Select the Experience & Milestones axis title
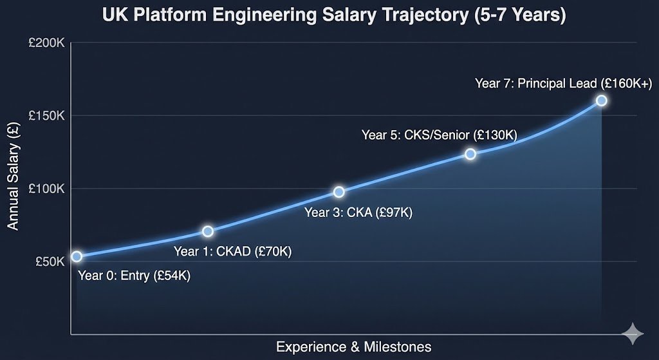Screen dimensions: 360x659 [x=353, y=346]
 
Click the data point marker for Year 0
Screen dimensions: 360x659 [x=77, y=256]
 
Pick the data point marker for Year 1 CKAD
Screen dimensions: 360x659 [x=208, y=231]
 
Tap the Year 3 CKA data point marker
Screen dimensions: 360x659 [x=339, y=192]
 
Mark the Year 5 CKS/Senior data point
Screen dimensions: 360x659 [x=470, y=154]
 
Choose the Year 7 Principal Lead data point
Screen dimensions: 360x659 [x=602, y=100]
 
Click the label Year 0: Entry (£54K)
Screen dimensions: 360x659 [x=134, y=276]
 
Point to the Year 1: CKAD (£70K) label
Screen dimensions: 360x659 [x=233, y=251]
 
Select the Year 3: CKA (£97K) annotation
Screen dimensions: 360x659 [x=358, y=213]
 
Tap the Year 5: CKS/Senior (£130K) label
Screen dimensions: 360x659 [x=439, y=135]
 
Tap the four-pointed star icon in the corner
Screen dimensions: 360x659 [x=633, y=334]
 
